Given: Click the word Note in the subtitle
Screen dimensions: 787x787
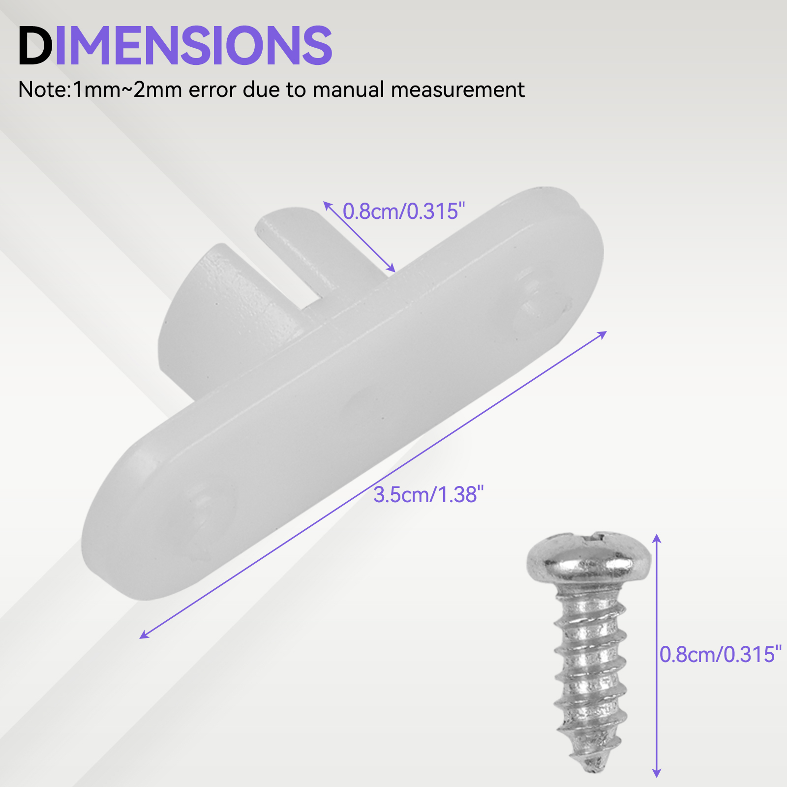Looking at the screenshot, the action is (43, 90).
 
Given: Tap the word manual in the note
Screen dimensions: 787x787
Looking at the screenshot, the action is (348, 90).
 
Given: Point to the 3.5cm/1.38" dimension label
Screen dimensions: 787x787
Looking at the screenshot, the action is (428, 494).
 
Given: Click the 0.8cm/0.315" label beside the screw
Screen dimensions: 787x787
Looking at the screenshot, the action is (721, 654).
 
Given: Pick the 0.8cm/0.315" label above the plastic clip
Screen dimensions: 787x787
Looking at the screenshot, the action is (404, 211).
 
